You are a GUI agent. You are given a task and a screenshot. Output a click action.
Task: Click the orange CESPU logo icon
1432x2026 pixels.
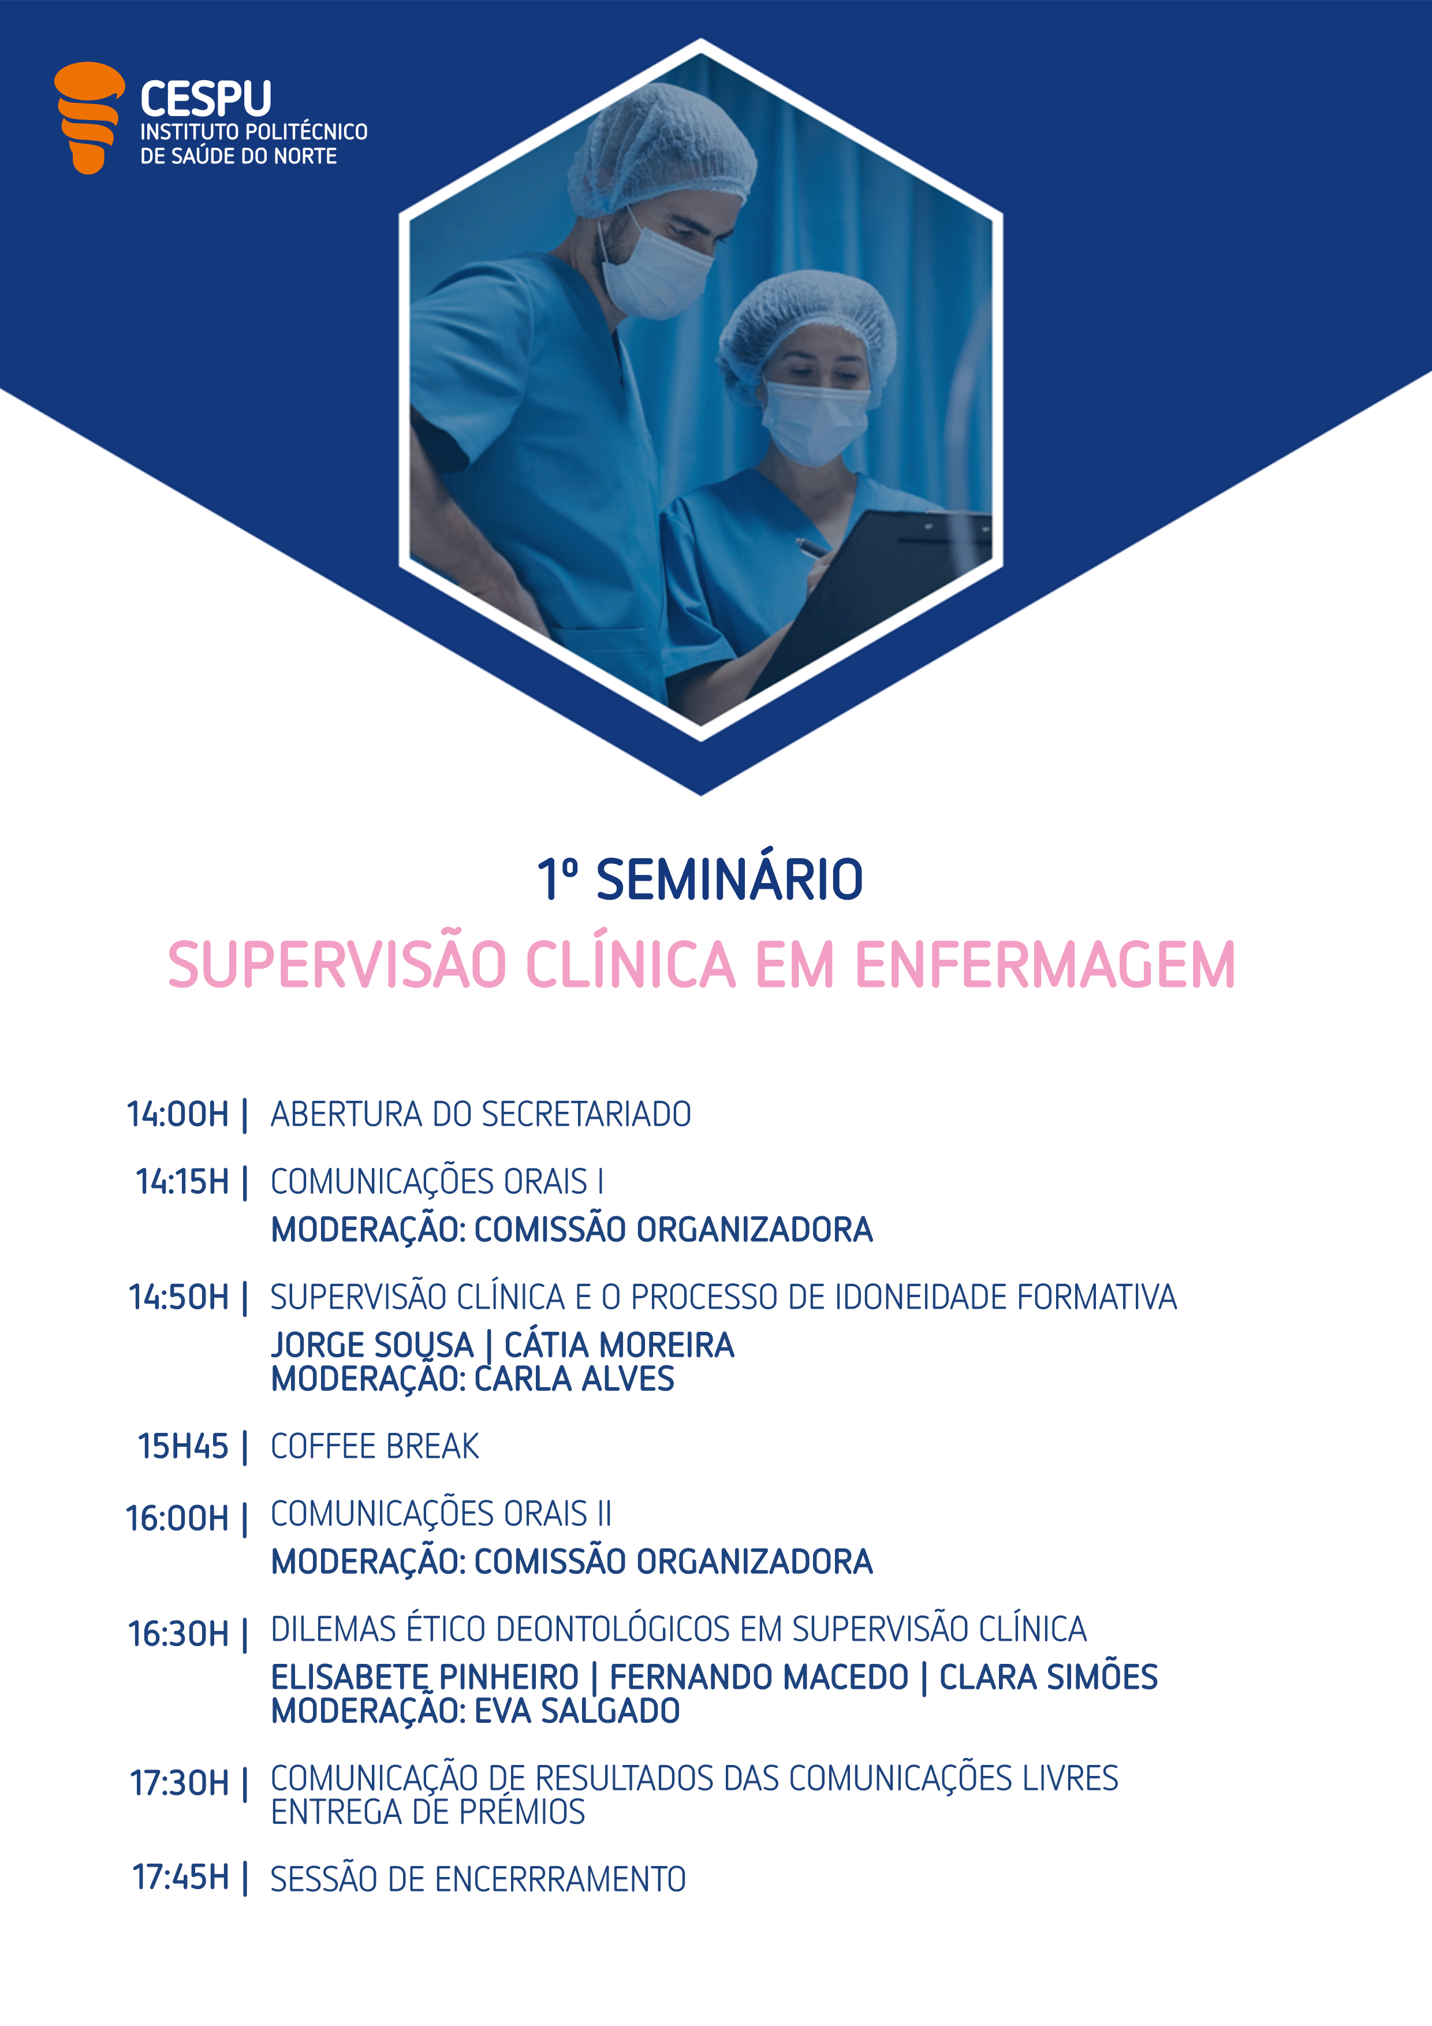[88, 117]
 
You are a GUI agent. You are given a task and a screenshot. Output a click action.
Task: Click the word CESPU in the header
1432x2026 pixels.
[206, 99]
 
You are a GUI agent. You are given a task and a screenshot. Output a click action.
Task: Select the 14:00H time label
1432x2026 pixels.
[177, 1115]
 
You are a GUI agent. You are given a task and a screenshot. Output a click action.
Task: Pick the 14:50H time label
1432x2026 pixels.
[178, 1297]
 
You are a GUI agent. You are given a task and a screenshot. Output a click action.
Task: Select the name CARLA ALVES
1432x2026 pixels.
[575, 1379]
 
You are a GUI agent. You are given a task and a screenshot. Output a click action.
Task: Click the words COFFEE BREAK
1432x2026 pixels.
[375, 1446]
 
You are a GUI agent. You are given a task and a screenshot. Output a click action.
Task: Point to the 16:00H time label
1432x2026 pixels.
[177, 1518]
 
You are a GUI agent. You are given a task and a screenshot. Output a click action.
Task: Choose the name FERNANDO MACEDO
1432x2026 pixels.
[759, 1677]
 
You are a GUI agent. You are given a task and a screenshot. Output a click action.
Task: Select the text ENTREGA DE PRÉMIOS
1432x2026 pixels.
[428, 1812]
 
